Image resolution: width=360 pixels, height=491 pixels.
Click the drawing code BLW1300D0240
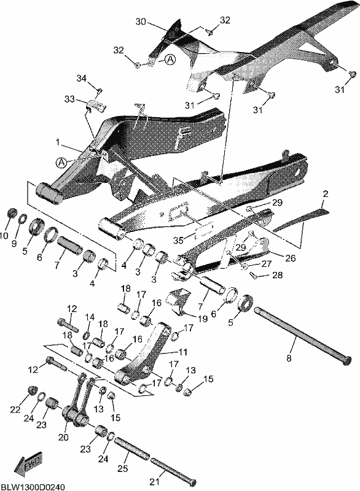(x=33, y=487)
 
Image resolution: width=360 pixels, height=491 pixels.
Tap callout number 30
(x=141, y=21)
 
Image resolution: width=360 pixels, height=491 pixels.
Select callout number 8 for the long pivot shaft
(x=289, y=358)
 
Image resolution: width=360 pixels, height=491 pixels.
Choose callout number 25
(x=123, y=468)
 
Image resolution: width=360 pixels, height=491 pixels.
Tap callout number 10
(x=4, y=236)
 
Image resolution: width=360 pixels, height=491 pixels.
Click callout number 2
(x=326, y=194)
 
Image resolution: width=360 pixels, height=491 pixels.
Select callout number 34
(x=82, y=78)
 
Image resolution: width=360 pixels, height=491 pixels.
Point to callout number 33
(x=69, y=99)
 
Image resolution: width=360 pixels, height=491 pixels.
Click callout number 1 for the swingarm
(x=58, y=142)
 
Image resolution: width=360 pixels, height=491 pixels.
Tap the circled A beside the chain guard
(x=170, y=60)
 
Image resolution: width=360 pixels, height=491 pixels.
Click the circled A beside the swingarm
(x=61, y=162)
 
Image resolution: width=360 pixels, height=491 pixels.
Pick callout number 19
(x=203, y=319)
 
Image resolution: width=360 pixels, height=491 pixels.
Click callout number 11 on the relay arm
(x=182, y=352)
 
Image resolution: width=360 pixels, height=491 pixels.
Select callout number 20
(x=63, y=437)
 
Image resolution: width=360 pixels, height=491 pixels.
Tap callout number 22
(x=15, y=409)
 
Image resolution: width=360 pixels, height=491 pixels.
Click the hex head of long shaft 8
(x=346, y=360)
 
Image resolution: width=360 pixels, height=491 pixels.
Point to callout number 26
(x=290, y=258)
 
